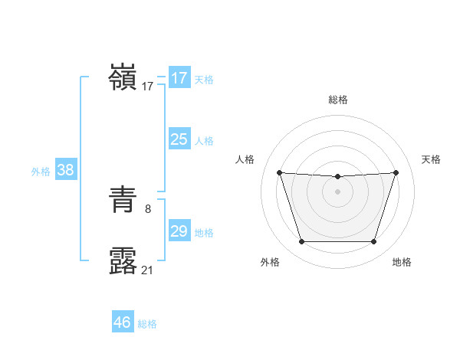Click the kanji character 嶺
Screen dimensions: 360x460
coord(123,77)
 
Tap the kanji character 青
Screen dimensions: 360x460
coord(123,201)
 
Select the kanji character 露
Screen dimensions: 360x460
coord(123,261)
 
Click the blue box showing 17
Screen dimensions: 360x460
coord(179,78)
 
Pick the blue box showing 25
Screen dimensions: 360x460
coord(179,139)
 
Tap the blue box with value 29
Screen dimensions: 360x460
coord(179,231)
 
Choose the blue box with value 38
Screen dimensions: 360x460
coord(65,170)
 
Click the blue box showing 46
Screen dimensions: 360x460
coord(122,322)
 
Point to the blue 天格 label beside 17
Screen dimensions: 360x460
coord(204,79)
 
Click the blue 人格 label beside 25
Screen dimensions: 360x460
coord(204,140)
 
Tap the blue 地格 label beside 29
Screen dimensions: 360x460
coord(204,232)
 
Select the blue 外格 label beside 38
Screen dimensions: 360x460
coord(41,172)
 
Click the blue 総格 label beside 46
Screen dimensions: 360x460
coord(147,324)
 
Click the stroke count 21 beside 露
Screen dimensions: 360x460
coord(147,270)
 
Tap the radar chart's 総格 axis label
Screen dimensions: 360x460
coord(338,100)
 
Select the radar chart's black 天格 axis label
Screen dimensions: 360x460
coord(431,159)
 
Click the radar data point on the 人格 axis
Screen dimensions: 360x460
coord(279,172)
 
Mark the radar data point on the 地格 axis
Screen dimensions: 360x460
coord(374,242)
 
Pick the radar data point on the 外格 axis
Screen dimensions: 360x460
coord(301,242)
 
